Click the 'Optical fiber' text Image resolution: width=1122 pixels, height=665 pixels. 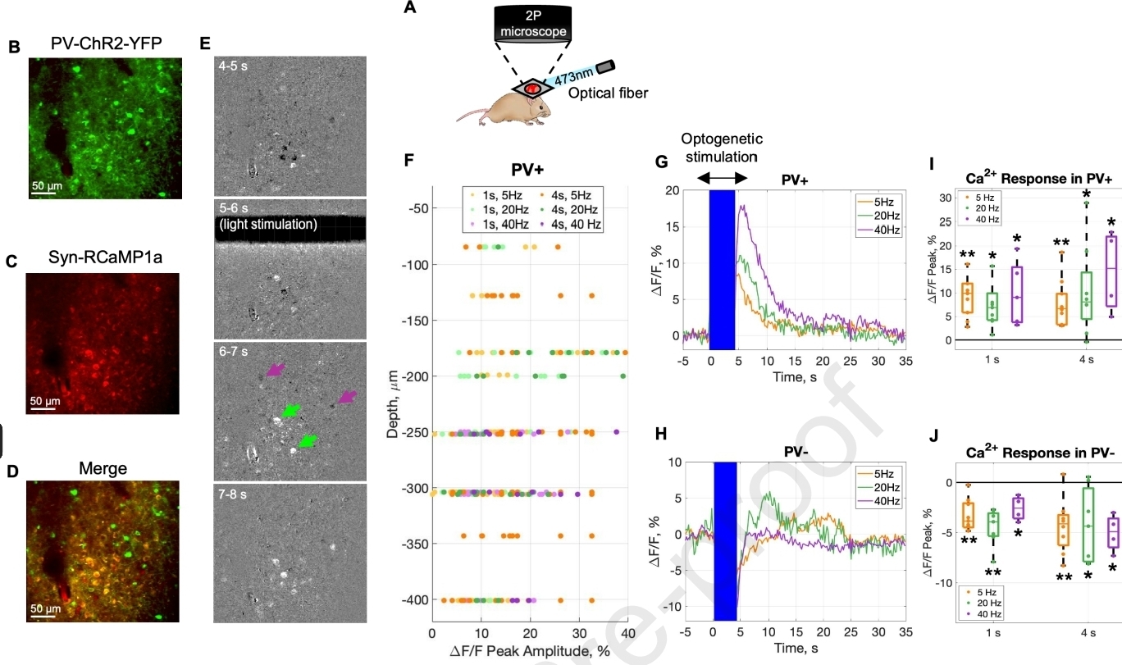click(609, 93)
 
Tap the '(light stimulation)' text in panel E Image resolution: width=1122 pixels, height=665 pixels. click(267, 223)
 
